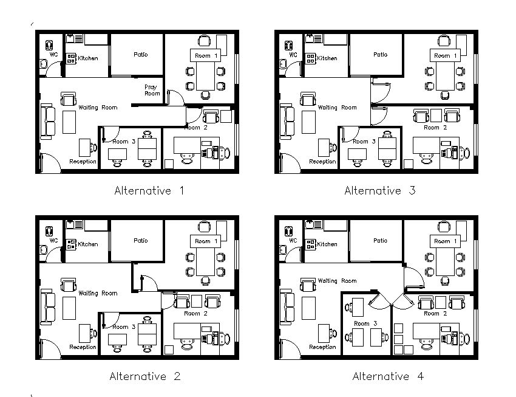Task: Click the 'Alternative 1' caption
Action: click(149, 191)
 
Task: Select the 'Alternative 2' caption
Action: click(145, 376)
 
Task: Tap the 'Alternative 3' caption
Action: click(379, 191)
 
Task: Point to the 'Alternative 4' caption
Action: click(388, 376)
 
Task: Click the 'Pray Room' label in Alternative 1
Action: click(152, 91)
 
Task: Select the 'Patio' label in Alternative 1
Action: click(140, 55)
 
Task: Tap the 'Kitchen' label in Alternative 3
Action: click(327, 58)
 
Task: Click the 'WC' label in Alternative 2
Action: click(53, 240)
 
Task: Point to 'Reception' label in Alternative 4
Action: click(322, 347)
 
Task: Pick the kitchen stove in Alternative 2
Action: click(72, 244)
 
